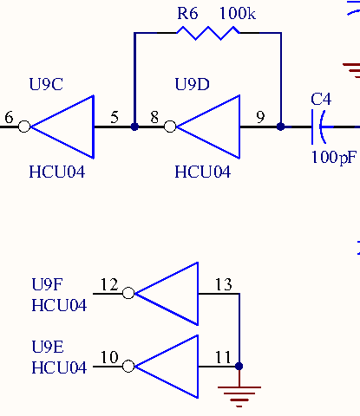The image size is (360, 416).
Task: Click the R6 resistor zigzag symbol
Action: (208, 33)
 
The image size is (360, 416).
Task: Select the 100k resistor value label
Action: (238, 13)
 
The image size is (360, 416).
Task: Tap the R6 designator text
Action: (187, 13)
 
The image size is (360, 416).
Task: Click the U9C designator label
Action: (46, 84)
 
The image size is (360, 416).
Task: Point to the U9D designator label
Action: (193, 84)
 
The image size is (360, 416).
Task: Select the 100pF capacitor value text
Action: (334, 158)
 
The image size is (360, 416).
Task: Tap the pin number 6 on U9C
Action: (9, 117)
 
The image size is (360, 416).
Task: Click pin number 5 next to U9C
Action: (115, 117)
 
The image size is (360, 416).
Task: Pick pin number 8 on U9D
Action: (154, 117)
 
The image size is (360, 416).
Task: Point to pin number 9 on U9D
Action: (260, 117)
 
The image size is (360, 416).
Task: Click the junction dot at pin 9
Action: (280, 127)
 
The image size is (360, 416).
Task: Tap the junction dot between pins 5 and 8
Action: (134, 127)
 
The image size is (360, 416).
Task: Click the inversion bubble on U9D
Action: (170, 127)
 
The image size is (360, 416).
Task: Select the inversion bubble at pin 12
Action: (128, 293)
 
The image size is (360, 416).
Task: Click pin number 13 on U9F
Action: (224, 284)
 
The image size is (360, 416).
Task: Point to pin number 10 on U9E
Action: (109, 357)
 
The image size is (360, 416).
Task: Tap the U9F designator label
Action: (47, 284)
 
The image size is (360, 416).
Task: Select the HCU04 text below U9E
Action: (59, 367)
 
